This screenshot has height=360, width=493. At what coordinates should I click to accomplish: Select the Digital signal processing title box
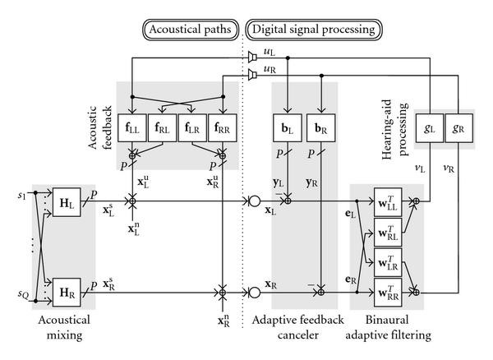311,30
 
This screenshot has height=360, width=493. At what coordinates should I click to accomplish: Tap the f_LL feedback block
132,130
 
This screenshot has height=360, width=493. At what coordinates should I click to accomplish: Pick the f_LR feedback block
192,130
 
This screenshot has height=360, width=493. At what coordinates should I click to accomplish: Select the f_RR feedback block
222,130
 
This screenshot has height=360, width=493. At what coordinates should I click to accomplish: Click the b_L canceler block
286,130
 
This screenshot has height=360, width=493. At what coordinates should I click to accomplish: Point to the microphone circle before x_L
255,200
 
